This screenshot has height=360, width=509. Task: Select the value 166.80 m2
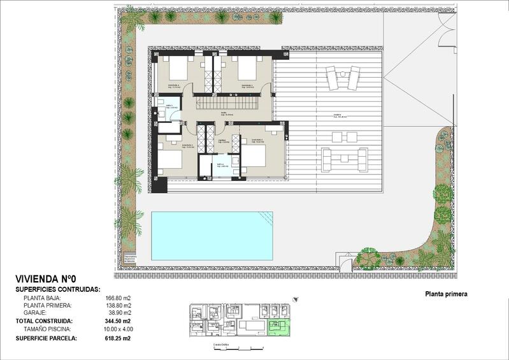click(x=118, y=297)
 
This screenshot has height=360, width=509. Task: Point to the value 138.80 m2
click(x=118, y=305)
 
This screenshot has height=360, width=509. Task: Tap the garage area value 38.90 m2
click(x=119, y=313)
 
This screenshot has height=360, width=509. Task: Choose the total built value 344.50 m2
click(x=118, y=321)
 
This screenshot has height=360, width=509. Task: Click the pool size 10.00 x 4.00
click(x=118, y=329)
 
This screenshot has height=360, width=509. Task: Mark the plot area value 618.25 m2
click(x=118, y=338)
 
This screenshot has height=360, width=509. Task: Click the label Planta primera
click(x=446, y=294)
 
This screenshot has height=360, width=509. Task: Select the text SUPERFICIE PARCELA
click(x=46, y=338)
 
